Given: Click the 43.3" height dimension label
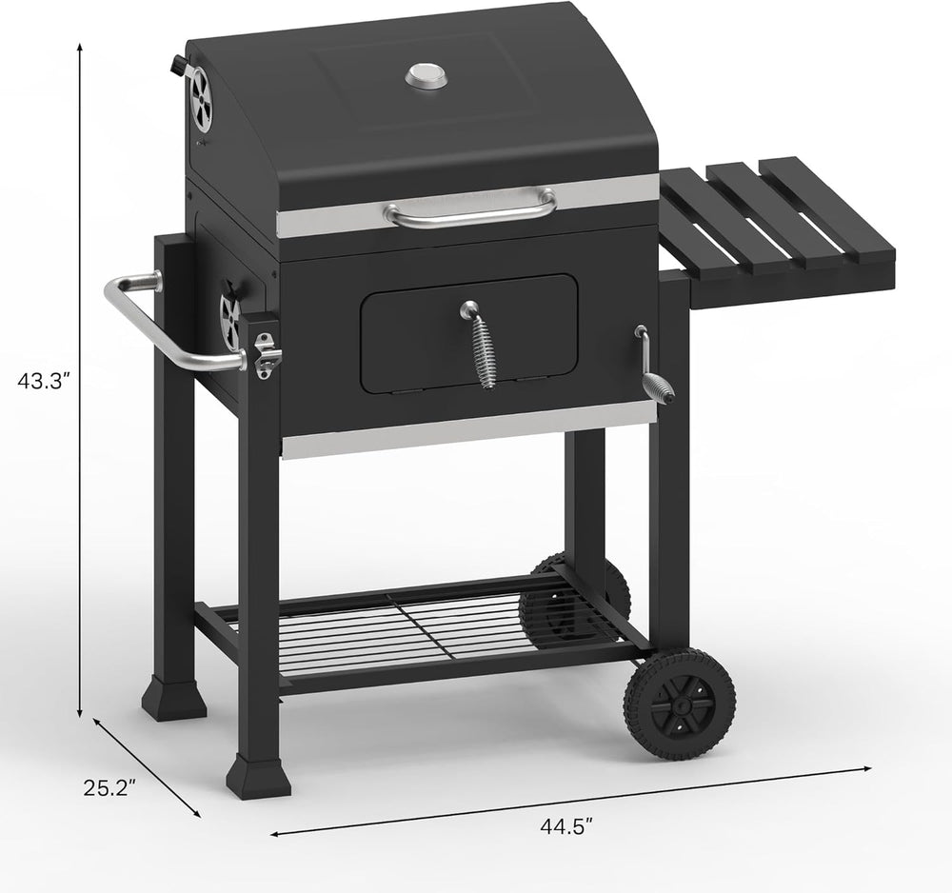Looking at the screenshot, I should coord(45,382).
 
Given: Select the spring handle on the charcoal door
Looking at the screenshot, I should coord(482,348).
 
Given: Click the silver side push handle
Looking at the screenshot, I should coord(171,324).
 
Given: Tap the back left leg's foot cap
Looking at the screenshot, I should coord(174,699).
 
